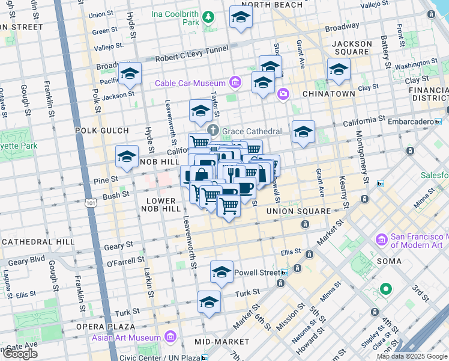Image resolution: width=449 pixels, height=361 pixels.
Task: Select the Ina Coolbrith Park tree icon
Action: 208,18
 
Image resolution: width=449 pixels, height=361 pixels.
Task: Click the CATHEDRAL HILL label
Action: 37,241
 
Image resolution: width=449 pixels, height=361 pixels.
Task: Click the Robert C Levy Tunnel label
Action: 191,58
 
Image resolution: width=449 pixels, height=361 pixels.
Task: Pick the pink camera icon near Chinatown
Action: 283,93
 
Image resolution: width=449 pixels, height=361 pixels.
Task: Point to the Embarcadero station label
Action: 409,122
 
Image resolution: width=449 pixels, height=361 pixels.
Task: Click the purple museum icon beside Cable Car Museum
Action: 235,82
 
